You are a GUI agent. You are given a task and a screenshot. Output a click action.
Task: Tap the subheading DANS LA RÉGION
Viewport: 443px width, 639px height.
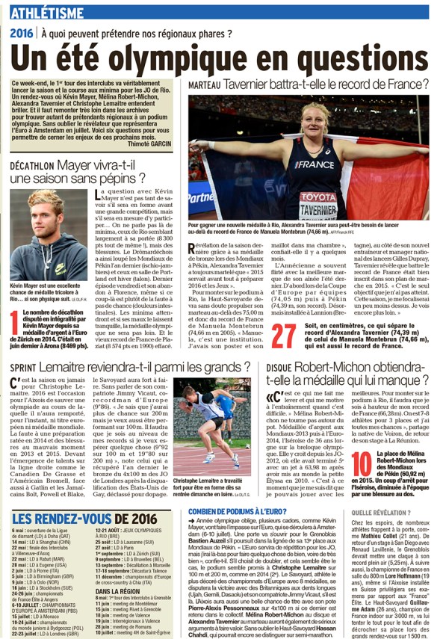(x=119, y=569)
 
